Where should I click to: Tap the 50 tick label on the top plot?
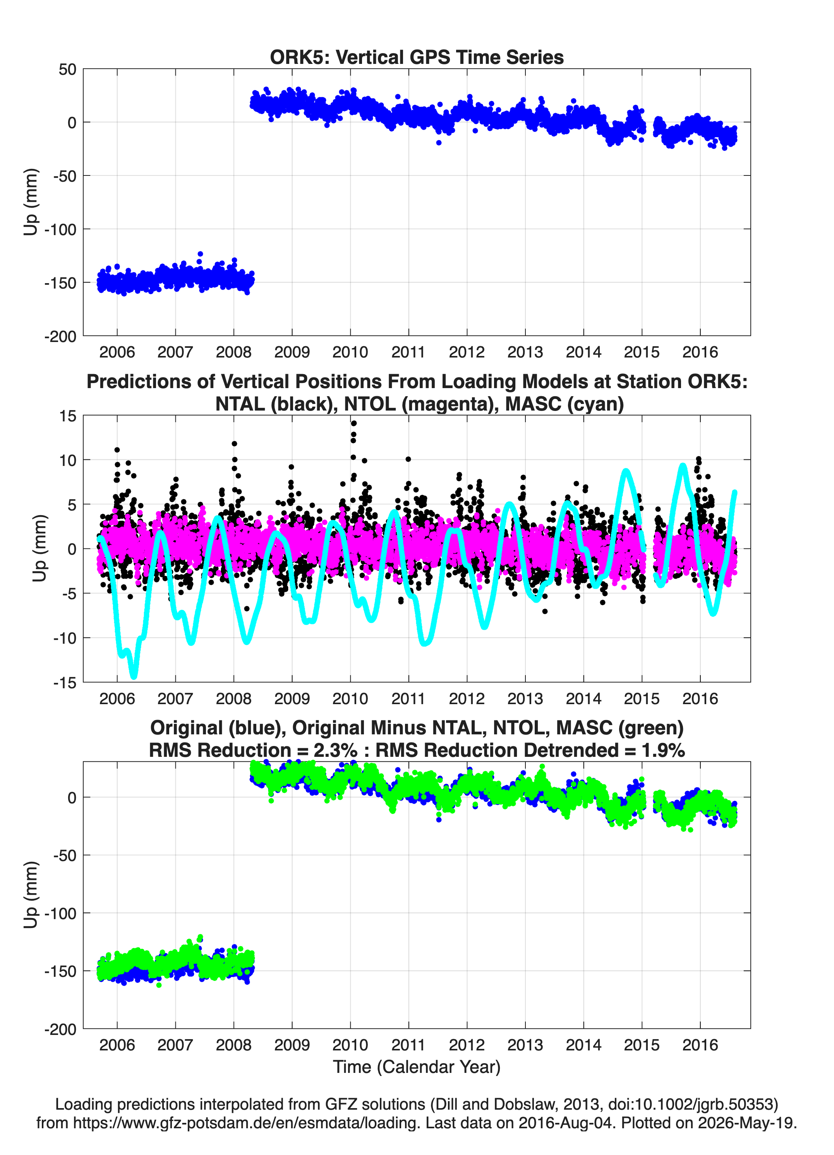click(67, 69)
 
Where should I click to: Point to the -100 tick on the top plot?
click(60, 229)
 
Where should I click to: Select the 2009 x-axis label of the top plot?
click(292, 352)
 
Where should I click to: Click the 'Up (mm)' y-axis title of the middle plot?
click(39, 548)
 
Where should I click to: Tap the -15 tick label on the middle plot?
click(65, 683)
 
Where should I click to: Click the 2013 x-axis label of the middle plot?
click(525, 699)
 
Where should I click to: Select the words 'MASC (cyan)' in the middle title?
click(565, 404)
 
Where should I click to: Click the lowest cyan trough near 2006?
click(134, 676)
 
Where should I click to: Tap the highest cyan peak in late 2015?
click(683, 466)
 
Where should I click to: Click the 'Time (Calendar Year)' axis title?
click(417, 1066)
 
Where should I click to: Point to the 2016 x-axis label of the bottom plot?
click(700, 1045)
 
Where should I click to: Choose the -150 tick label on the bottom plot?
click(60, 971)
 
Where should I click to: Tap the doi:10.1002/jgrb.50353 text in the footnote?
click(682, 1104)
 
